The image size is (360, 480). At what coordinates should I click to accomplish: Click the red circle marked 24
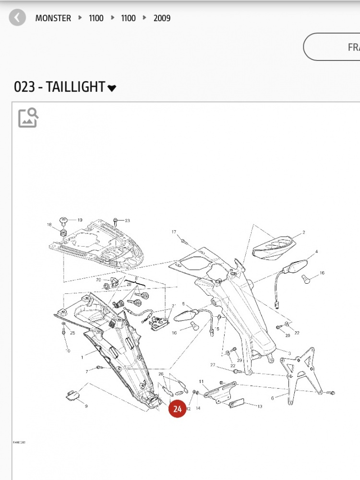pos(178,409)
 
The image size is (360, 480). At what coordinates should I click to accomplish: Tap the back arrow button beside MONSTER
pos(17,18)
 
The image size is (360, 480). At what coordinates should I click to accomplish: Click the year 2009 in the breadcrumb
pos(162,18)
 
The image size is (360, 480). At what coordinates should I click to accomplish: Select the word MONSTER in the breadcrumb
pos(53,18)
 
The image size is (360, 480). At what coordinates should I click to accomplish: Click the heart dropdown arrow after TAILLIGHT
pos(112,88)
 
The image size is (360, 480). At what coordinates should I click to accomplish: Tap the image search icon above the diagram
pos(28,118)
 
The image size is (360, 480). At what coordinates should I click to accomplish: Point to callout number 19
pos(80,220)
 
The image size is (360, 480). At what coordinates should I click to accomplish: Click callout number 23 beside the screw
pos(127,221)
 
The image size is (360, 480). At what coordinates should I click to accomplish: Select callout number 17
pos(174,232)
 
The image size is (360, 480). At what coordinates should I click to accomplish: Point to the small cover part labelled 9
pos(72,395)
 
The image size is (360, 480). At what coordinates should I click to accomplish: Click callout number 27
pos(213,365)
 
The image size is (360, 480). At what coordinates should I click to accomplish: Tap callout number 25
pos(72,333)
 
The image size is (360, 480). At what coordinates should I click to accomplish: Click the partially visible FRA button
pos(336,47)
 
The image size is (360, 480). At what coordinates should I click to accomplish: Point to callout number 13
pos(260,407)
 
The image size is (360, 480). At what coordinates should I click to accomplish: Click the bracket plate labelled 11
pos(220,390)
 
